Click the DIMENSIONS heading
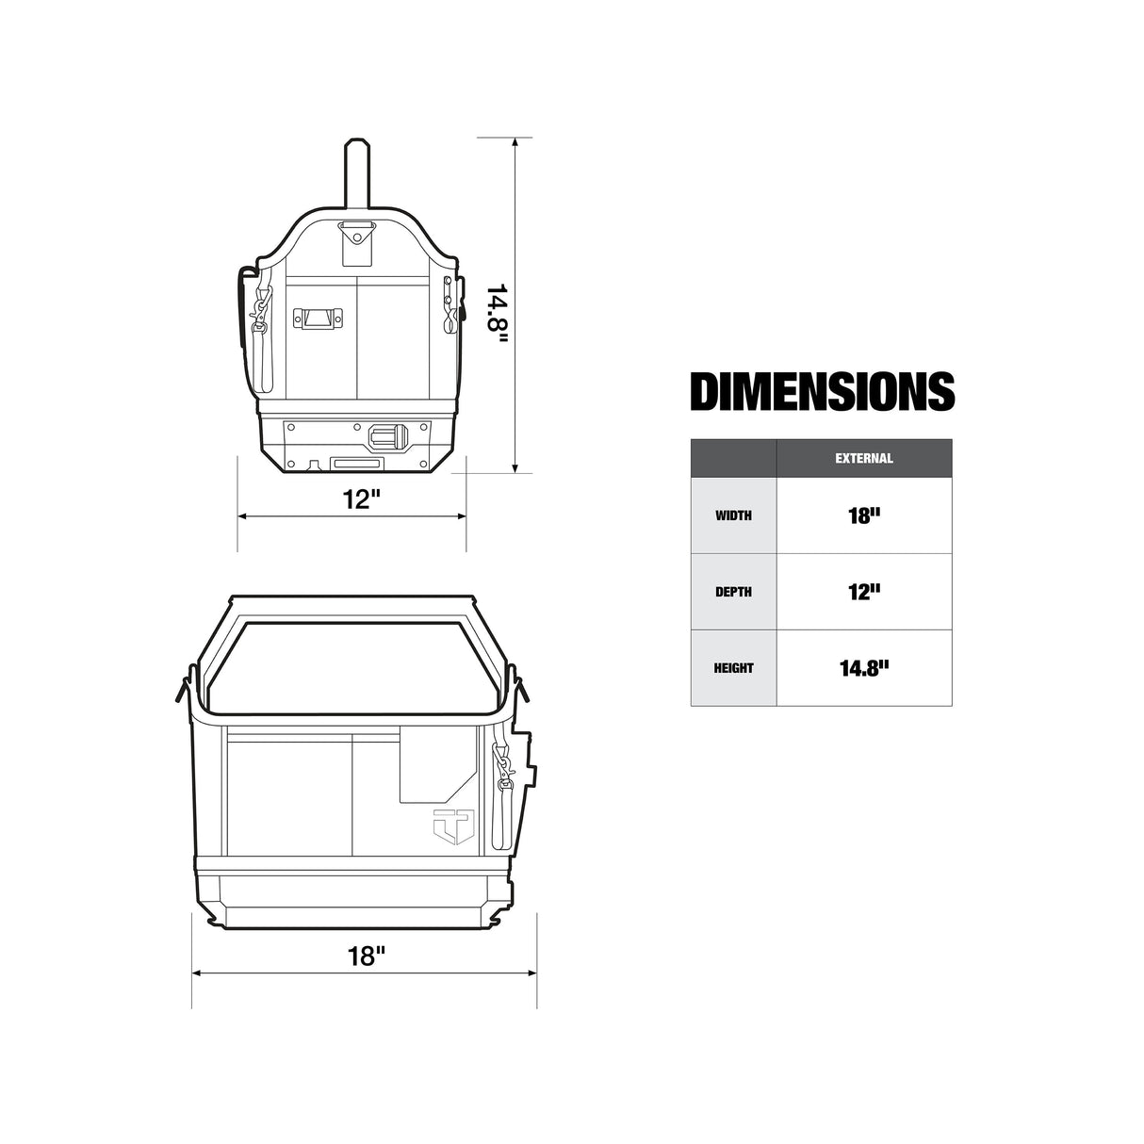pos(822,392)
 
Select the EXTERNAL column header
pos(863,459)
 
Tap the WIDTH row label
pos(733,515)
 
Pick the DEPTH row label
pos(733,592)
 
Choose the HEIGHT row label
pos(733,668)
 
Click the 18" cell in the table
pos(863,515)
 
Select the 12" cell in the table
pos(863,592)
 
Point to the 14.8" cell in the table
pos(863,668)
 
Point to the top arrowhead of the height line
pos(515,144)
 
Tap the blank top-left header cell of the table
pos(733,459)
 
